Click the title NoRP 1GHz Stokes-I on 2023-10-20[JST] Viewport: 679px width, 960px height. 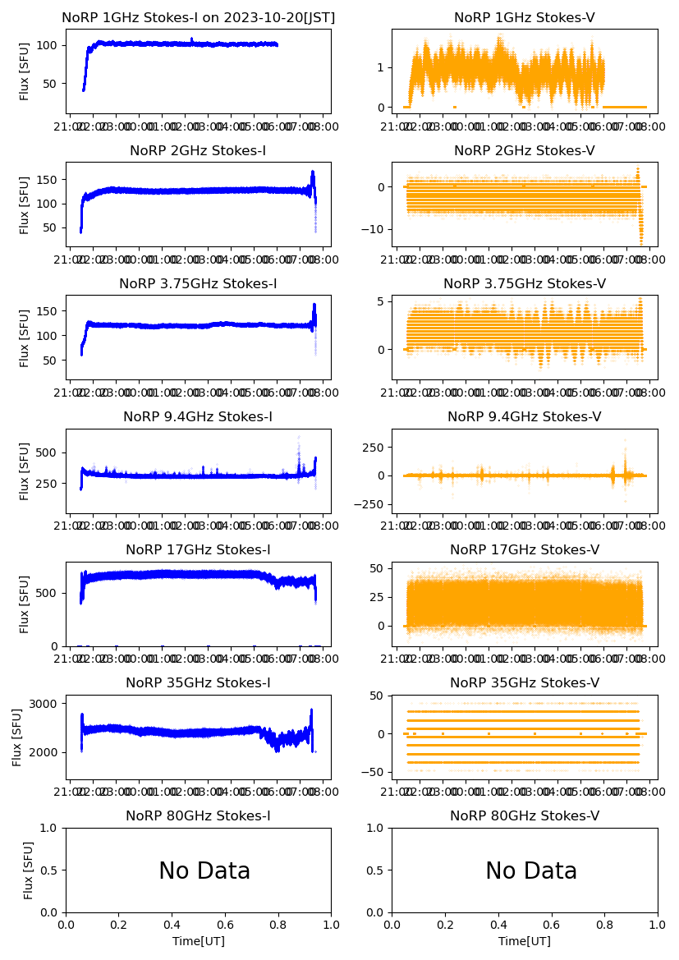pos(199,18)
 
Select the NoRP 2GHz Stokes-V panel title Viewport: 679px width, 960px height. pos(525,151)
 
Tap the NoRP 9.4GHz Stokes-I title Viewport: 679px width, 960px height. pos(198,417)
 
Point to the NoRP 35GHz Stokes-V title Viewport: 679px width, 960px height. pos(525,683)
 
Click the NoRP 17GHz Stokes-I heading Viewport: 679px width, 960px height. pos(198,550)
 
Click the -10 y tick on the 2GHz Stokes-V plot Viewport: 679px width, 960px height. pos(374,228)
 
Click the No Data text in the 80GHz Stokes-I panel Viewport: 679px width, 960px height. pos(204,871)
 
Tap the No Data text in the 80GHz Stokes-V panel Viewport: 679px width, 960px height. pos(531,871)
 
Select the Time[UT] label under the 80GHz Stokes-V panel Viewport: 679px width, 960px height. pos(525,941)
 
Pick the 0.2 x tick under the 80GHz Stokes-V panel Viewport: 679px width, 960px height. pos(446,925)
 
